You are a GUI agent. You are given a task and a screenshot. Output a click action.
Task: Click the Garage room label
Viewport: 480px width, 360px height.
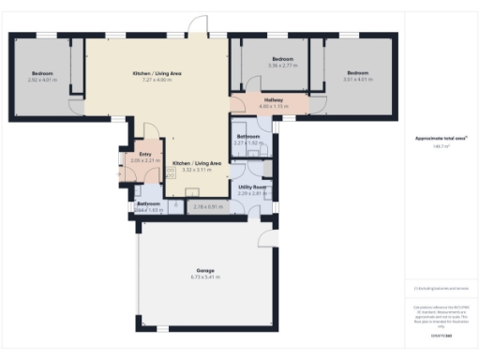[205, 270]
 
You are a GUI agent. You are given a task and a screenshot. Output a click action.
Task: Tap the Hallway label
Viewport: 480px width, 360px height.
[274, 99]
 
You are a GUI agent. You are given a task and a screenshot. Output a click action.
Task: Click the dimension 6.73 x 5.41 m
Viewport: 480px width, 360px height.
[205, 277]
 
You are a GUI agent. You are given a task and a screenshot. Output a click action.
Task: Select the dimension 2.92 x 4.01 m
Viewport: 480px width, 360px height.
[43, 80]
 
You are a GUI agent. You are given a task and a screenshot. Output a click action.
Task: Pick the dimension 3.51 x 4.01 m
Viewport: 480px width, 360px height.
[358, 80]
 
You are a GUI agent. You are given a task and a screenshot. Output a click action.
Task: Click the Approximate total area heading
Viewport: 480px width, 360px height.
[441, 139]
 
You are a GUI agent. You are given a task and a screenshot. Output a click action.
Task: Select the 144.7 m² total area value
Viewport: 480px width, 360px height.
[440, 147]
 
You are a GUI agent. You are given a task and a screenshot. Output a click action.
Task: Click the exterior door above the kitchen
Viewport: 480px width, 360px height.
[197, 25]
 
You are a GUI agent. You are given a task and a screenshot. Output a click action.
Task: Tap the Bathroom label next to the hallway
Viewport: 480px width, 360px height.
[248, 137]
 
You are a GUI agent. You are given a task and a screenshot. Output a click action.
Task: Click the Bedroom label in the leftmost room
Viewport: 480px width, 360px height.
[43, 73]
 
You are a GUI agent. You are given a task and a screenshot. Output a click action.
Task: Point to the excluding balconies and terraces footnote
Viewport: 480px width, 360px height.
[441, 289]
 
